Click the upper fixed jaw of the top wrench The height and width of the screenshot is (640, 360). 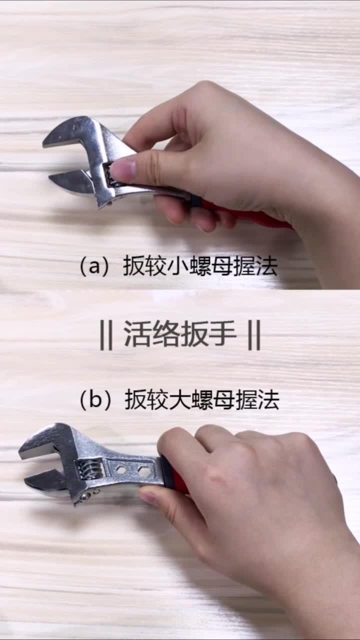(70, 134)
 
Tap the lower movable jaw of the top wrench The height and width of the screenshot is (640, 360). (70, 181)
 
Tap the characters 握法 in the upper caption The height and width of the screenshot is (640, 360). (254, 266)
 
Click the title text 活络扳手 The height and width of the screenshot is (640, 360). (180, 334)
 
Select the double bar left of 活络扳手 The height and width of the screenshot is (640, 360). (106, 335)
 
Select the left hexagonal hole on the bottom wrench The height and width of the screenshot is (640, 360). (122, 470)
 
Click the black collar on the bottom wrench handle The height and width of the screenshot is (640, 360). (167, 472)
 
